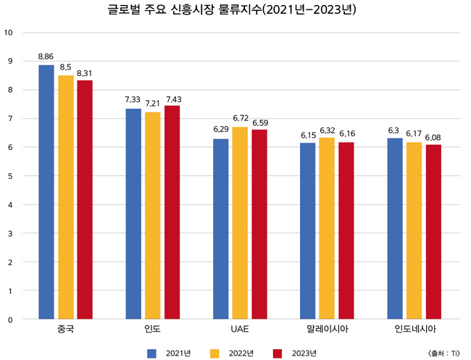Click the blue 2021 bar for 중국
(x=46, y=192)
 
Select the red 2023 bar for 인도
(x=172, y=212)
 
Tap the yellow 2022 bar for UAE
(x=239, y=223)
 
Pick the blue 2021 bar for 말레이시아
(x=307, y=231)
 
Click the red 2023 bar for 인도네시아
(x=433, y=232)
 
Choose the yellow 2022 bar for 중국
(x=66, y=197)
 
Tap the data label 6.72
(x=240, y=117)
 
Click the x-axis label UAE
(x=239, y=330)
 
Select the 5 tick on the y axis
(x=9, y=176)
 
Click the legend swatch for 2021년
(x=152, y=353)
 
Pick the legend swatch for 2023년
(x=278, y=353)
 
